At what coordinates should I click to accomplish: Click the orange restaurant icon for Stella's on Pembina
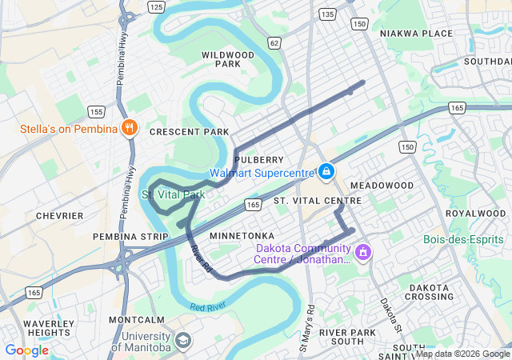[x=130, y=127]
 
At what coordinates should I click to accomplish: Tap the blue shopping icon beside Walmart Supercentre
[x=326, y=171]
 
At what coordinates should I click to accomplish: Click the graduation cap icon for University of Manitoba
[x=183, y=341]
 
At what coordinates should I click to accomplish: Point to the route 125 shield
[x=157, y=6]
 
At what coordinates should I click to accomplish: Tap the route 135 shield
[x=326, y=14]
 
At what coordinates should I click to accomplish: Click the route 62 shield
[x=274, y=42]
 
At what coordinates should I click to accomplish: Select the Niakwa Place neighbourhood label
[x=416, y=34]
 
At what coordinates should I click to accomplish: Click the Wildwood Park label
[x=228, y=59]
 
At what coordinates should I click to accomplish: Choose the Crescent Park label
[x=189, y=132]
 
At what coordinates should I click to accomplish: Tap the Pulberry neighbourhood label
[x=259, y=160]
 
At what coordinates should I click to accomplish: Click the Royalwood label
[x=475, y=214]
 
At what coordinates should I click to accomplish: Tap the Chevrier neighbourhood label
[x=59, y=216]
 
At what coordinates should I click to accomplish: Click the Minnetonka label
[x=242, y=236]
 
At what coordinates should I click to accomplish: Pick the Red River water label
[x=208, y=306]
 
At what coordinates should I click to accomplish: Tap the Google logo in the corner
[x=26, y=350]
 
